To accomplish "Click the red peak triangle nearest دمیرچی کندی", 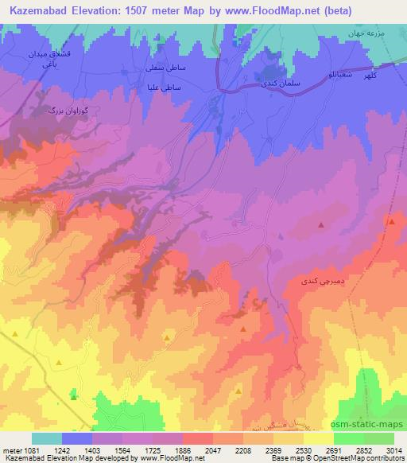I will [321, 225].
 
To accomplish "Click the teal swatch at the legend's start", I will [47, 438].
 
